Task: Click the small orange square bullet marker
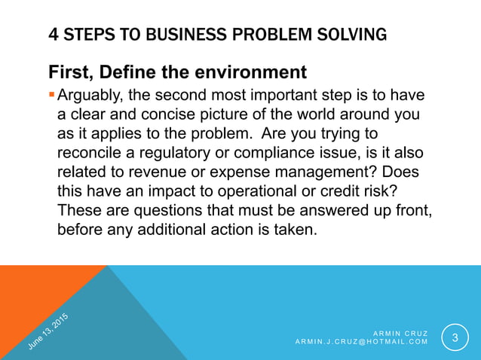51,96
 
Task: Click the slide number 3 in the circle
454,337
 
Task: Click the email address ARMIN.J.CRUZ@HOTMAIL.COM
361,342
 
